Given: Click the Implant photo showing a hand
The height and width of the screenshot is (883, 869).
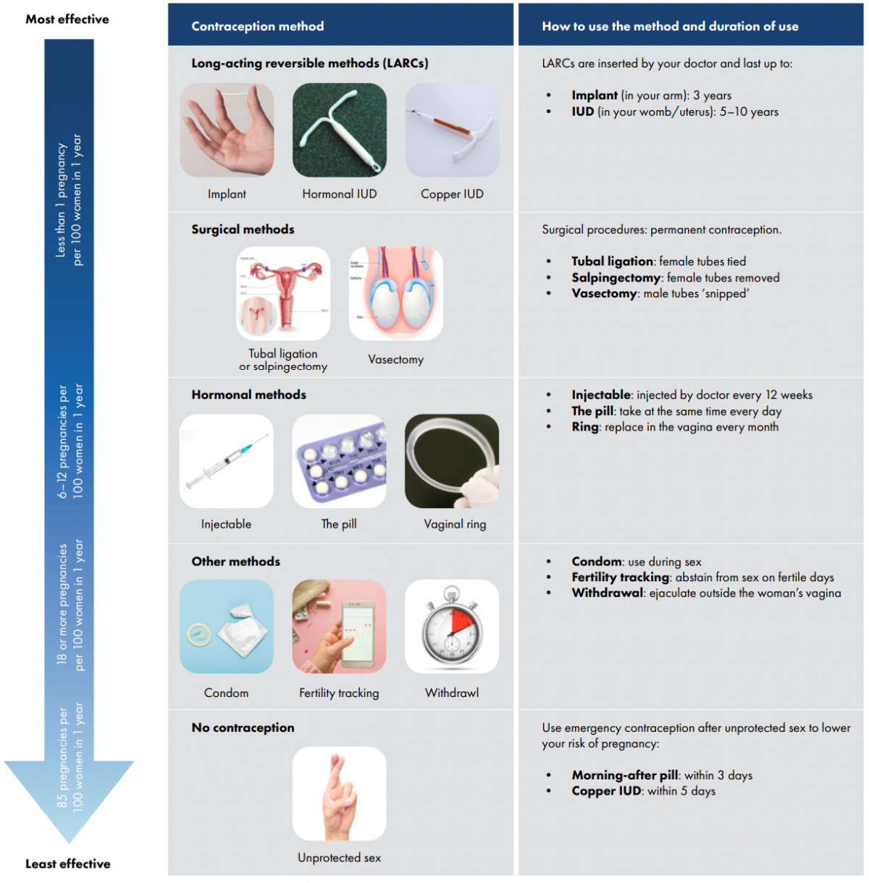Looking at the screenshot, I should (x=227, y=130).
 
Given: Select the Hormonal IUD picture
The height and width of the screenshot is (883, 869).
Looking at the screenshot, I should (x=339, y=130).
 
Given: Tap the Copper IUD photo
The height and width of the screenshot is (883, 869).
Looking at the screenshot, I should (x=452, y=130).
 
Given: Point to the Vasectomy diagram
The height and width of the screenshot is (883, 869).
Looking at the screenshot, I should (x=395, y=293).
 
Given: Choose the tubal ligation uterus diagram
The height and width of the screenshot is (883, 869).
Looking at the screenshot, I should (x=283, y=293).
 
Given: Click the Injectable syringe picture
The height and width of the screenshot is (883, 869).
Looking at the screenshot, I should (x=227, y=461).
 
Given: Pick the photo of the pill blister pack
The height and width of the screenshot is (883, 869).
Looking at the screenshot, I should (x=339, y=461).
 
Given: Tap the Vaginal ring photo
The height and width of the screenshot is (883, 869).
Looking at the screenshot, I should (x=452, y=461).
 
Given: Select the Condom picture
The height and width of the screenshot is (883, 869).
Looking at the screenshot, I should (x=227, y=627).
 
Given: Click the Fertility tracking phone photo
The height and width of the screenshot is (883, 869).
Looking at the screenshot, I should (x=339, y=627).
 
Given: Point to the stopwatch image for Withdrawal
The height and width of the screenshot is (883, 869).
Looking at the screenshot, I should (x=452, y=627).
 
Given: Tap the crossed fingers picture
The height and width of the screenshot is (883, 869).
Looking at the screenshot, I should (x=339, y=794).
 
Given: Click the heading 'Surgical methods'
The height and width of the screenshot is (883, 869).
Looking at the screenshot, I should (x=243, y=229).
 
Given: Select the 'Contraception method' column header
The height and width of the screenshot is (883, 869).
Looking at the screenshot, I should (x=257, y=26).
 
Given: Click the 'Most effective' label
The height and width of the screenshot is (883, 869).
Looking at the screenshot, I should (x=67, y=19).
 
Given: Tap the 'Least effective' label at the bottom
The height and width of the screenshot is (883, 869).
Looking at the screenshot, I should (x=68, y=863).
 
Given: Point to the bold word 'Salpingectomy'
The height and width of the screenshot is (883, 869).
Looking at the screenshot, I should (x=616, y=278).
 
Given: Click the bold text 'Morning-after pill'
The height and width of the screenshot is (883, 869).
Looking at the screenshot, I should (x=625, y=775).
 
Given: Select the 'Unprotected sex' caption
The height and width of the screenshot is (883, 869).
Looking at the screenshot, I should (x=339, y=858).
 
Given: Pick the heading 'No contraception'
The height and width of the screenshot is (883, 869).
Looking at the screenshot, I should (x=243, y=727).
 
